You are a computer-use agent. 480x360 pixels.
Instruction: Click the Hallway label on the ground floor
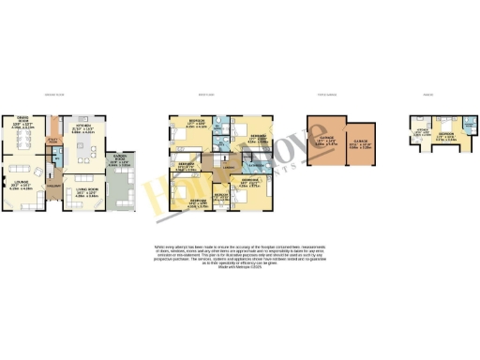53,187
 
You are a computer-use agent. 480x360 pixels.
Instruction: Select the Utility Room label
53,141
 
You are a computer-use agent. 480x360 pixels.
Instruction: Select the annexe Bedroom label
448,135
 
